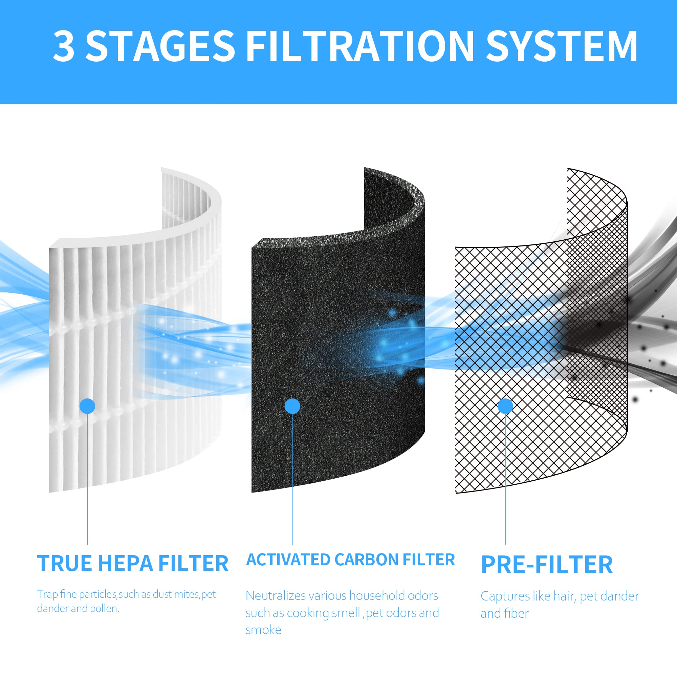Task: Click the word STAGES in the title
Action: coord(160,47)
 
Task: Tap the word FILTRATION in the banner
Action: coord(360,47)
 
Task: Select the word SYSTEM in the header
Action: coord(561,47)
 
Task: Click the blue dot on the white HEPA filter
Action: coord(87,406)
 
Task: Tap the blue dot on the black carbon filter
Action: coord(292,406)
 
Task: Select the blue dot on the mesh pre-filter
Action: coord(505,406)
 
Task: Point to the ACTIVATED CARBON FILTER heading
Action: coord(350,560)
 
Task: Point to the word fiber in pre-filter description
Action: coord(517,614)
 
